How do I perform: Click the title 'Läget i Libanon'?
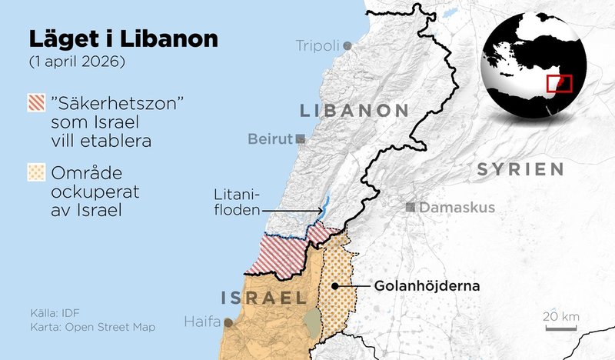(123, 38)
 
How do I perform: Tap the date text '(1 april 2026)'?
(76, 61)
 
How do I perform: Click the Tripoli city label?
(317, 46)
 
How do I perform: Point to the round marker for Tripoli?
(348, 46)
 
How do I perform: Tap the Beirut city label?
(271, 139)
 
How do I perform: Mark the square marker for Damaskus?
(411, 207)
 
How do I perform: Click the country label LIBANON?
(354, 110)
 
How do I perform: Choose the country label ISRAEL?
(259, 298)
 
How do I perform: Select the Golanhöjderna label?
(427, 286)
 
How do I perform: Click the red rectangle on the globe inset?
(559, 83)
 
